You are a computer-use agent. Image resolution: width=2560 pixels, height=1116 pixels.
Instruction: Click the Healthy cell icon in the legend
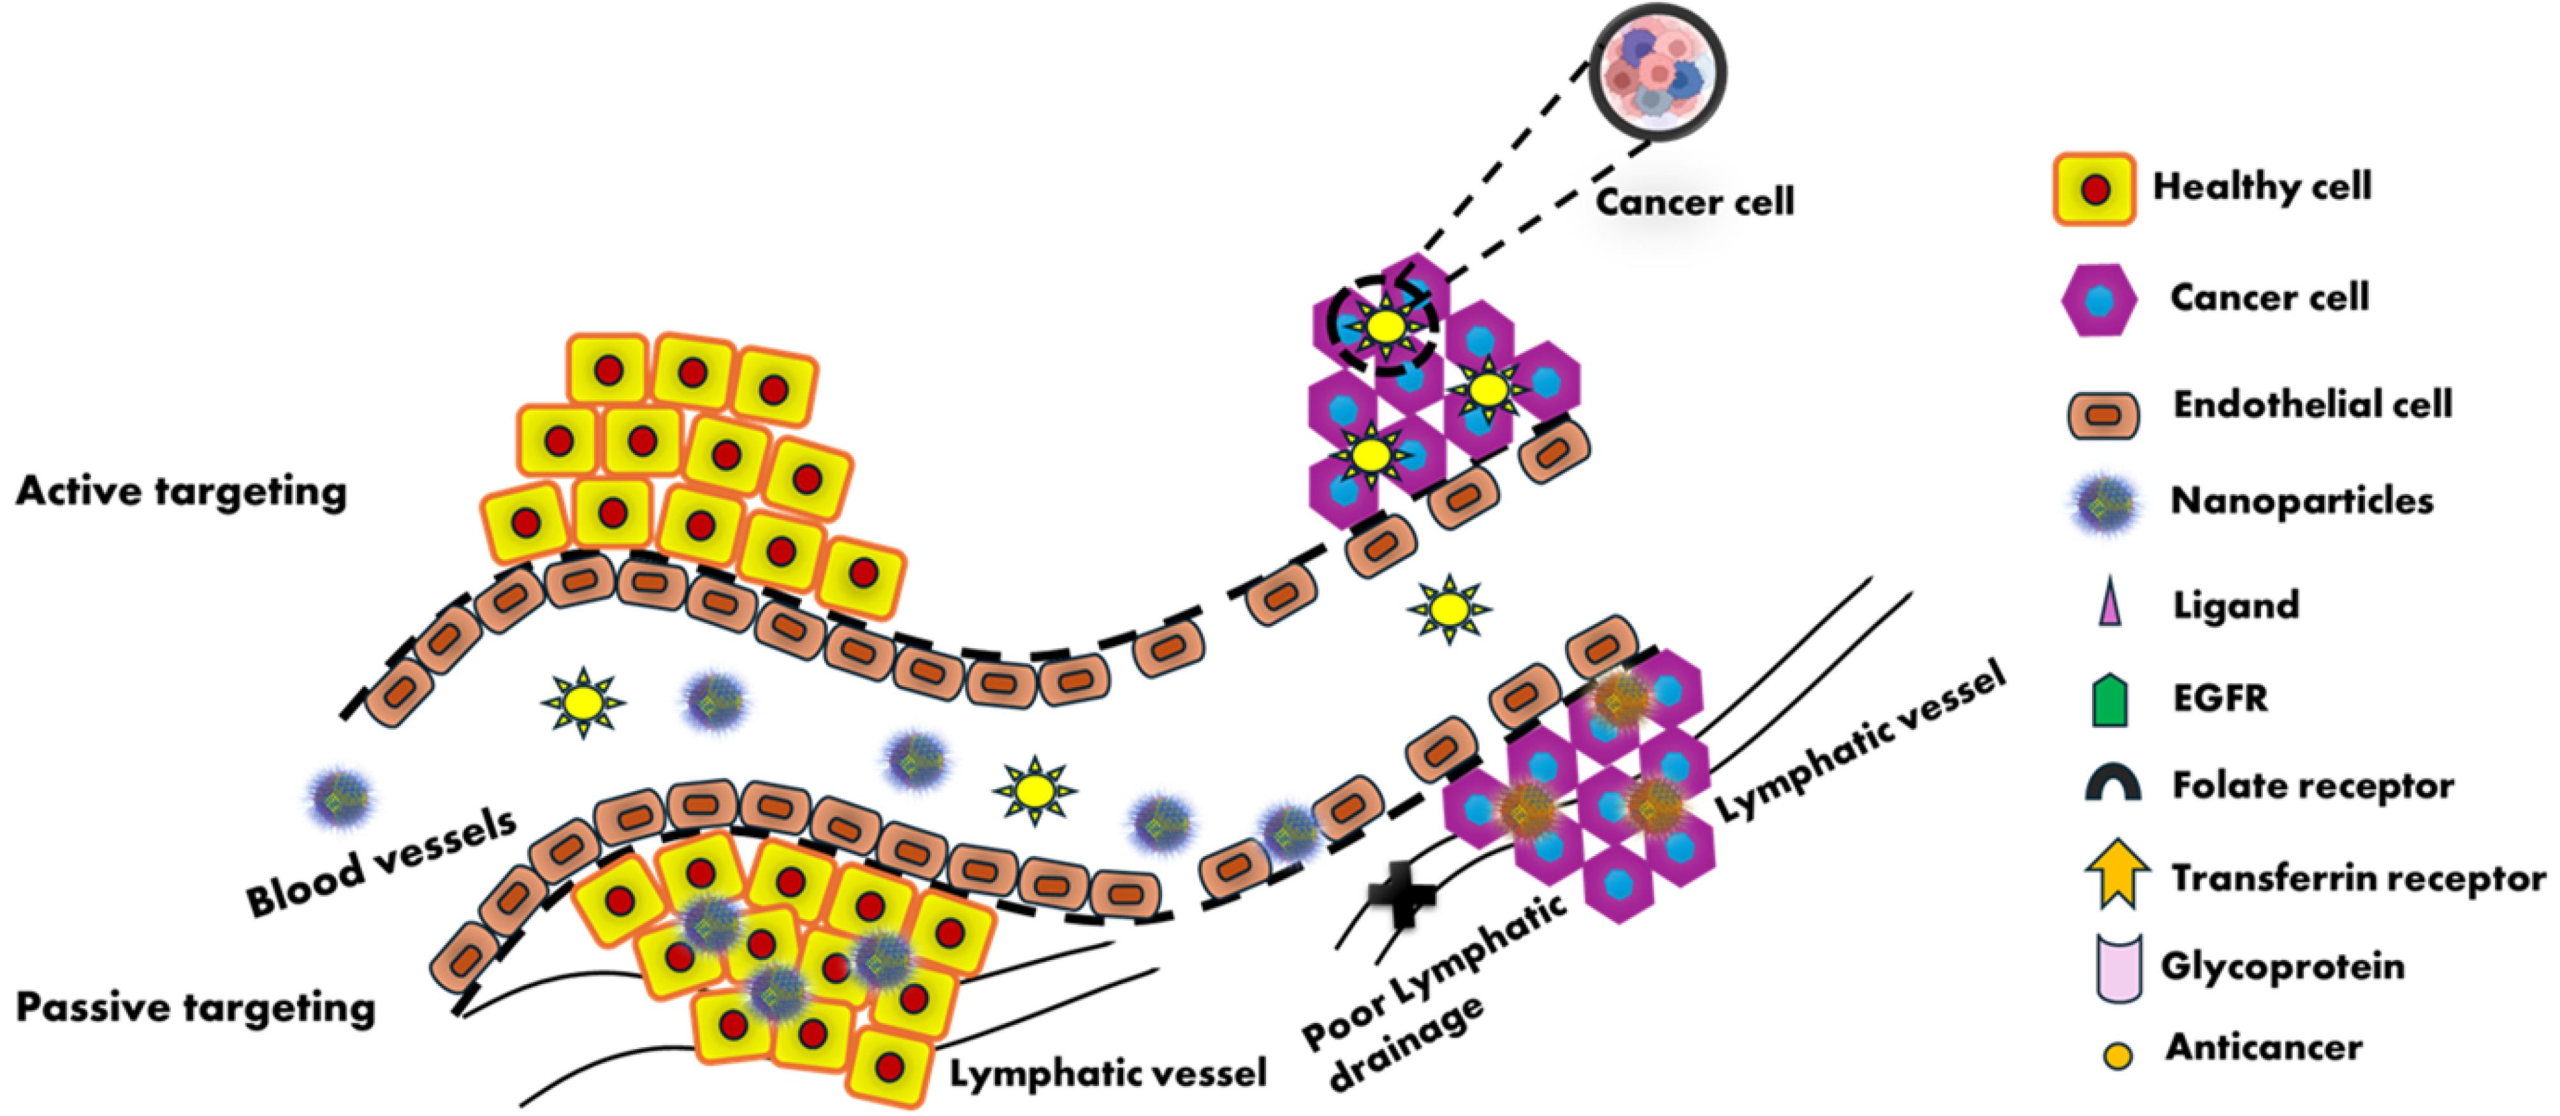pyautogui.click(x=2094, y=189)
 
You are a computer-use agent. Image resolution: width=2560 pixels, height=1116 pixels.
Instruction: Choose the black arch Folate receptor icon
pyautogui.click(x=2113, y=785)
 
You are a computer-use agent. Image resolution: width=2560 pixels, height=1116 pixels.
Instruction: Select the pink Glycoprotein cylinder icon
pyautogui.click(x=2117, y=967)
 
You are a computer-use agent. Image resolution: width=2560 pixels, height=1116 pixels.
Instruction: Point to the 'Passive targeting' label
pyautogui.click(x=196, y=1008)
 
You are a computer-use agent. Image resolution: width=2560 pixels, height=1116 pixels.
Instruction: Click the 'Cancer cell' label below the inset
pyautogui.click(x=1694, y=203)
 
